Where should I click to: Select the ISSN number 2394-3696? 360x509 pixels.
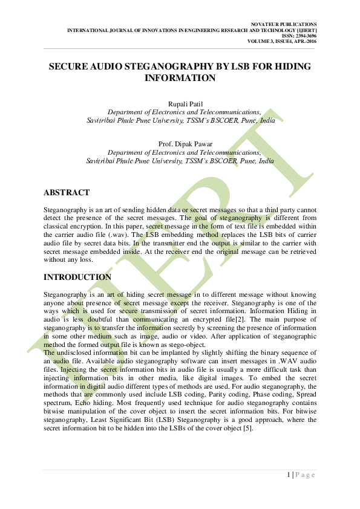click(x=304, y=35)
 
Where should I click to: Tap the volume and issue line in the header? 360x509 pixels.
click(x=282, y=41)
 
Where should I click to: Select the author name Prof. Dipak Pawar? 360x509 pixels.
click(x=180, y=144)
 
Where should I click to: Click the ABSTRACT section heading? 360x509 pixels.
click(x=67, y=192)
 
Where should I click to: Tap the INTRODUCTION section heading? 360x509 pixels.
click(x=77, y=277)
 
